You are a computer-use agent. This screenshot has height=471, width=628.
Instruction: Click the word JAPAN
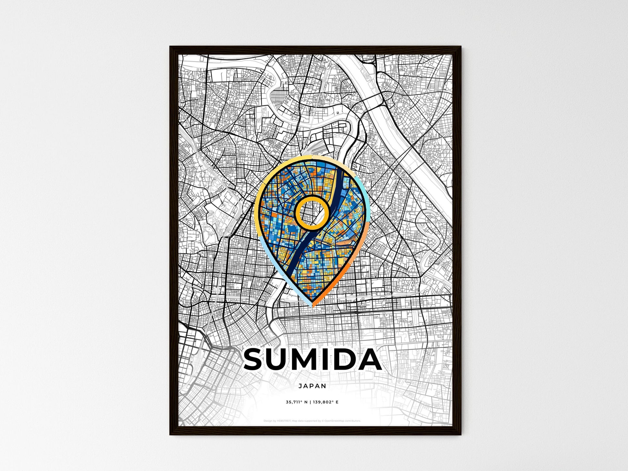coord(312,386)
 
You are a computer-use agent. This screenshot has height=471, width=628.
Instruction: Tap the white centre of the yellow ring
coord(312,213)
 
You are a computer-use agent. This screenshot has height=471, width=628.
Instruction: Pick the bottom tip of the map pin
coord(312,306)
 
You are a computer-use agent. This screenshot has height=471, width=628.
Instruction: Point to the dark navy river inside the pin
coord(297,258)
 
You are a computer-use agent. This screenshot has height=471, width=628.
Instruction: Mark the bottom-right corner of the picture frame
coord(461,435)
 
